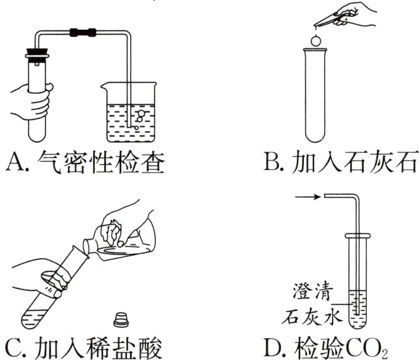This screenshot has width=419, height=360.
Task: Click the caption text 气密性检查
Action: (x=104, y=161)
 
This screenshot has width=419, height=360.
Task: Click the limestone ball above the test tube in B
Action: (x=317, y=42)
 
